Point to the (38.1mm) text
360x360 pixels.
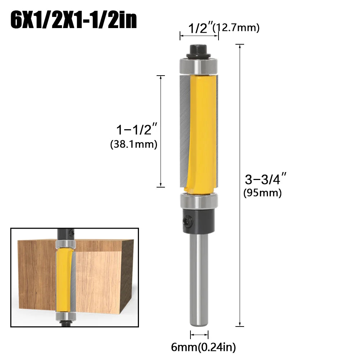(x=134, y=144)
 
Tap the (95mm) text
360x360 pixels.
(x=262, y=193)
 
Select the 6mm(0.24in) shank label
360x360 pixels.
(x=203, y=347)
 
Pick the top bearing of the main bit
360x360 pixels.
(x=199, y=66)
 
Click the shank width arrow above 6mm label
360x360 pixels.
(x=199, y=335)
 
